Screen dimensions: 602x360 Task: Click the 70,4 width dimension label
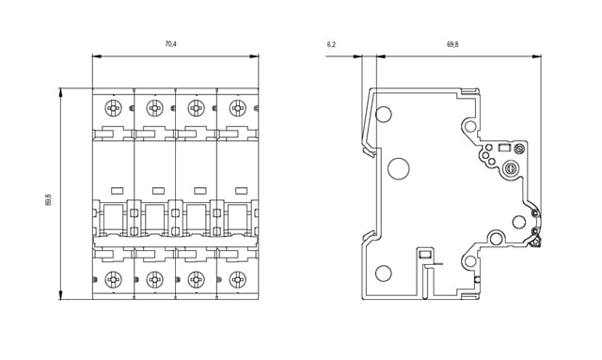pos(171,44)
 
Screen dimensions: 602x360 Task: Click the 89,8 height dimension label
pos(48,200)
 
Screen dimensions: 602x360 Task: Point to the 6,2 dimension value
pos(331,44)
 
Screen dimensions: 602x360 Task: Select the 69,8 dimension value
pos(452,44)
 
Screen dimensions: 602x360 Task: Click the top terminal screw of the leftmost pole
pos(113,108)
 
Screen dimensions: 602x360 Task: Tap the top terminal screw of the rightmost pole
pos(238,108)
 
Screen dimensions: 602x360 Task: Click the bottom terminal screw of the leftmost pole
pos(113,279)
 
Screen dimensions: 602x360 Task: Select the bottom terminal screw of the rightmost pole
pos(238,279)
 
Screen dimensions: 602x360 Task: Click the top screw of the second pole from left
pos(154,108)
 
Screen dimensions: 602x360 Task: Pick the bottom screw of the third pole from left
pos(197,279)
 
